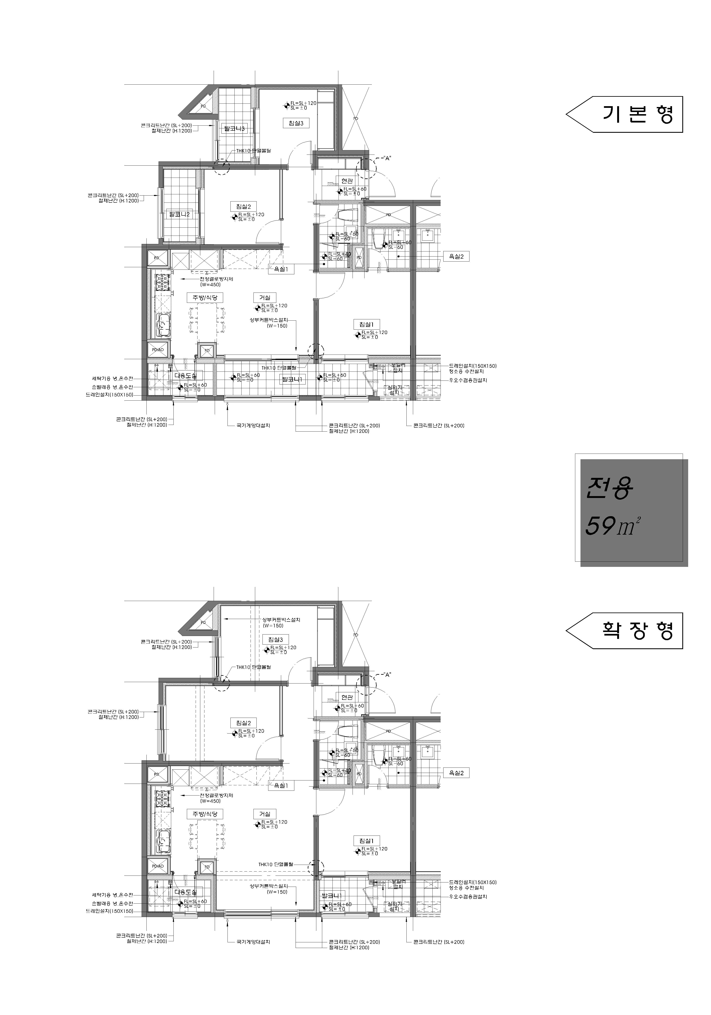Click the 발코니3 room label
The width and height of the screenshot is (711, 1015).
[234, 129]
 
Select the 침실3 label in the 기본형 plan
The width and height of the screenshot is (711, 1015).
[295, 123]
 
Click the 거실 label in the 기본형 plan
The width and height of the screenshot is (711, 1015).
[264, 298]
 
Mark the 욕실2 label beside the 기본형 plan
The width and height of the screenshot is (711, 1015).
[456, 256]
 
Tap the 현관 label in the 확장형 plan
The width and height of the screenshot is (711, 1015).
[347, 697]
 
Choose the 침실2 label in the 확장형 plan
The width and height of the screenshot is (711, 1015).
[243, 723]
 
